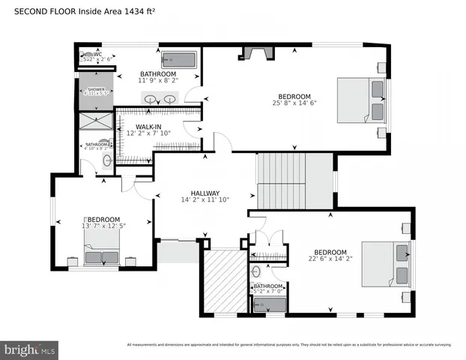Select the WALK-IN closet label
point(148,127)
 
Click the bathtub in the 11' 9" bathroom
point(178,59)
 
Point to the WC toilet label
point(97,54)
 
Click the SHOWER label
point(97,89)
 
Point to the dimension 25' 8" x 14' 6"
point(294,104)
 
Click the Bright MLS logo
point(30,349)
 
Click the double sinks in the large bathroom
point(160,98)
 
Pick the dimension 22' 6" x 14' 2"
point(330,260)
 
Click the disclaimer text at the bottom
point(288,345)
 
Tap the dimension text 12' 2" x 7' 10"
point(148,134)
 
